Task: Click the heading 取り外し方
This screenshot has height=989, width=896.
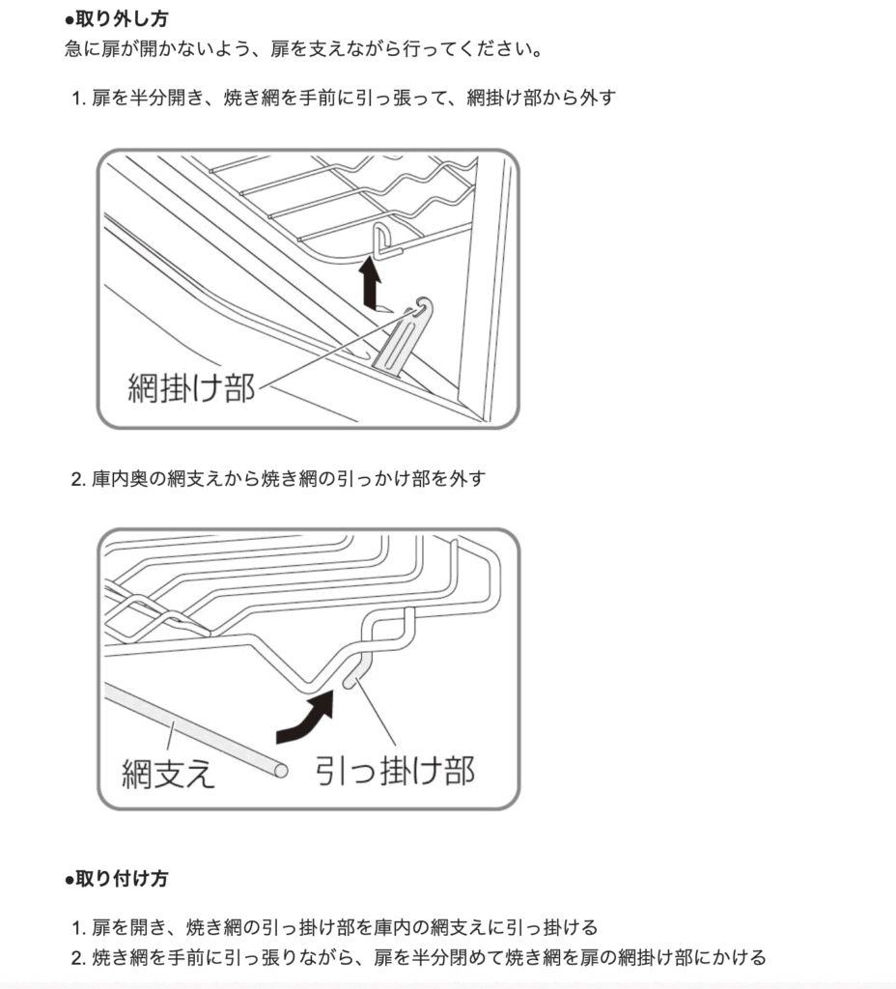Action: (x=122, y=19)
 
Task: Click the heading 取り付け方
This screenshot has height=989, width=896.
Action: (x=122, y=879)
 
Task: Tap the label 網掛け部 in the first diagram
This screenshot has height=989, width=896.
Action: (x=191, y=387)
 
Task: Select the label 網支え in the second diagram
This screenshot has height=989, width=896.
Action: (x=168, y=773)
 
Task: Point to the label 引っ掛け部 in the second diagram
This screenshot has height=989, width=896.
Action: (x=395, y=770)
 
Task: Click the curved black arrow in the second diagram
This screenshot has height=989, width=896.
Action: (x=305, y=718)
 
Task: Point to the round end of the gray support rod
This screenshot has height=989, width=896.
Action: (x=280, y=770)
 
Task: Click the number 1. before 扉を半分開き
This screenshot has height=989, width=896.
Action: (x=79, y=99)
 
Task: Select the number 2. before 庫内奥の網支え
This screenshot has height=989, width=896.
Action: (x=79, y=479)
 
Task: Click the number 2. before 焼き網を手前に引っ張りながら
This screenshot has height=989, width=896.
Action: (x=79, y=957)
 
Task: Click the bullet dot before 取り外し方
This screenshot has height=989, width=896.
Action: (x=70, y=20)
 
